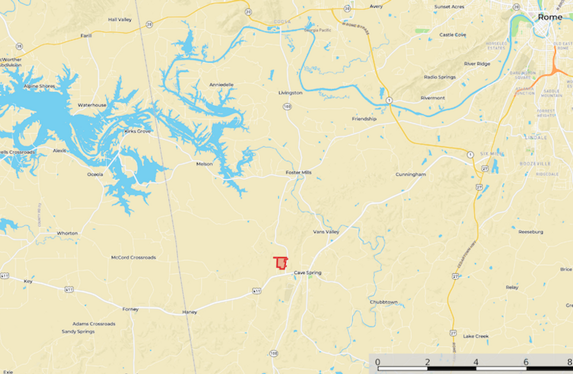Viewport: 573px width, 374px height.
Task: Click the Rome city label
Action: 550,17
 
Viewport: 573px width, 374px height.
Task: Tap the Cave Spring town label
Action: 307,273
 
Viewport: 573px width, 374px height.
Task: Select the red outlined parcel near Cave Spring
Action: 281,263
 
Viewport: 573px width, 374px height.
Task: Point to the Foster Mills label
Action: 299,172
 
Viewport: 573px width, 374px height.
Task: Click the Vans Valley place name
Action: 326,232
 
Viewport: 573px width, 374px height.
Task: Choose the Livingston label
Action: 290,93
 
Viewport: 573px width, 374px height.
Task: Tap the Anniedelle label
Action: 221,85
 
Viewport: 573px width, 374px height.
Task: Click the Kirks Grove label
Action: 137,131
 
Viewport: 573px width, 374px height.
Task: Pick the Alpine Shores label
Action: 39,86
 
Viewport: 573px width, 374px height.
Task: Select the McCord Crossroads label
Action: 133,258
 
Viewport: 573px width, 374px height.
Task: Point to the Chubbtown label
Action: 383,302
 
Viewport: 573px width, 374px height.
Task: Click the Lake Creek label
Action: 476,336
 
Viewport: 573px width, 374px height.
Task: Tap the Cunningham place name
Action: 411,174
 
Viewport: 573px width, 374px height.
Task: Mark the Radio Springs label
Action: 440,77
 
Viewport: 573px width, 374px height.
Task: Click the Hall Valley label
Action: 120,19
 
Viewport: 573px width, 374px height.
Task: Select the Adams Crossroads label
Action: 94,324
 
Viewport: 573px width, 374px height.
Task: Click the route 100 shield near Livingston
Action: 287,106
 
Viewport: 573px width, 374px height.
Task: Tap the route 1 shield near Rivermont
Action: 389,100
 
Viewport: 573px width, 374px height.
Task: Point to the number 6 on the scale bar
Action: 526,362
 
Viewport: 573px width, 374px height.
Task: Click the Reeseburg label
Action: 531,232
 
